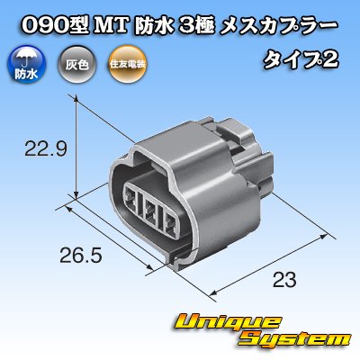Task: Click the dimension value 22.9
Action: [46, 148]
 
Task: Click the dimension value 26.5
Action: [81, 256]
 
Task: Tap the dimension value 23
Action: [284, 280]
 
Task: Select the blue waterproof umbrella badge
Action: [26, 65]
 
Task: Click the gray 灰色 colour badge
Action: [76, 64]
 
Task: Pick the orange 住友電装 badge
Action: [128, 64]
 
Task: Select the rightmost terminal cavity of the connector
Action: [170, 223]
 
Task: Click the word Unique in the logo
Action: [227, 323]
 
